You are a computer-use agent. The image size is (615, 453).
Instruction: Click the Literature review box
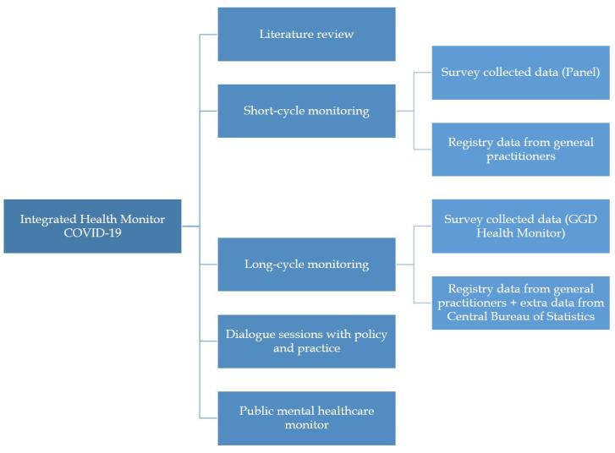306,35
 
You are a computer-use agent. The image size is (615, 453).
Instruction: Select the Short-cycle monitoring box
306,111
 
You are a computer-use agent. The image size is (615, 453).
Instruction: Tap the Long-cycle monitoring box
306,265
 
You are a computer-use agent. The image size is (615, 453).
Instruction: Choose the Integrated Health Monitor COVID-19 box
92,226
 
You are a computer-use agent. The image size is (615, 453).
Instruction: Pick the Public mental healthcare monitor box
306,418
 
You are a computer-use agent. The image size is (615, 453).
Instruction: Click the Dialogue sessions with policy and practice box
306,341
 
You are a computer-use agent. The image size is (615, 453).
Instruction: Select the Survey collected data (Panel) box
520,73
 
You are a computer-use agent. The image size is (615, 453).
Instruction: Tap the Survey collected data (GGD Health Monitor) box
520,226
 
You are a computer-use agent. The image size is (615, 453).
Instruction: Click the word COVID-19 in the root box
92,234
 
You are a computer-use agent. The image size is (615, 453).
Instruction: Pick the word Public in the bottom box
258,411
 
